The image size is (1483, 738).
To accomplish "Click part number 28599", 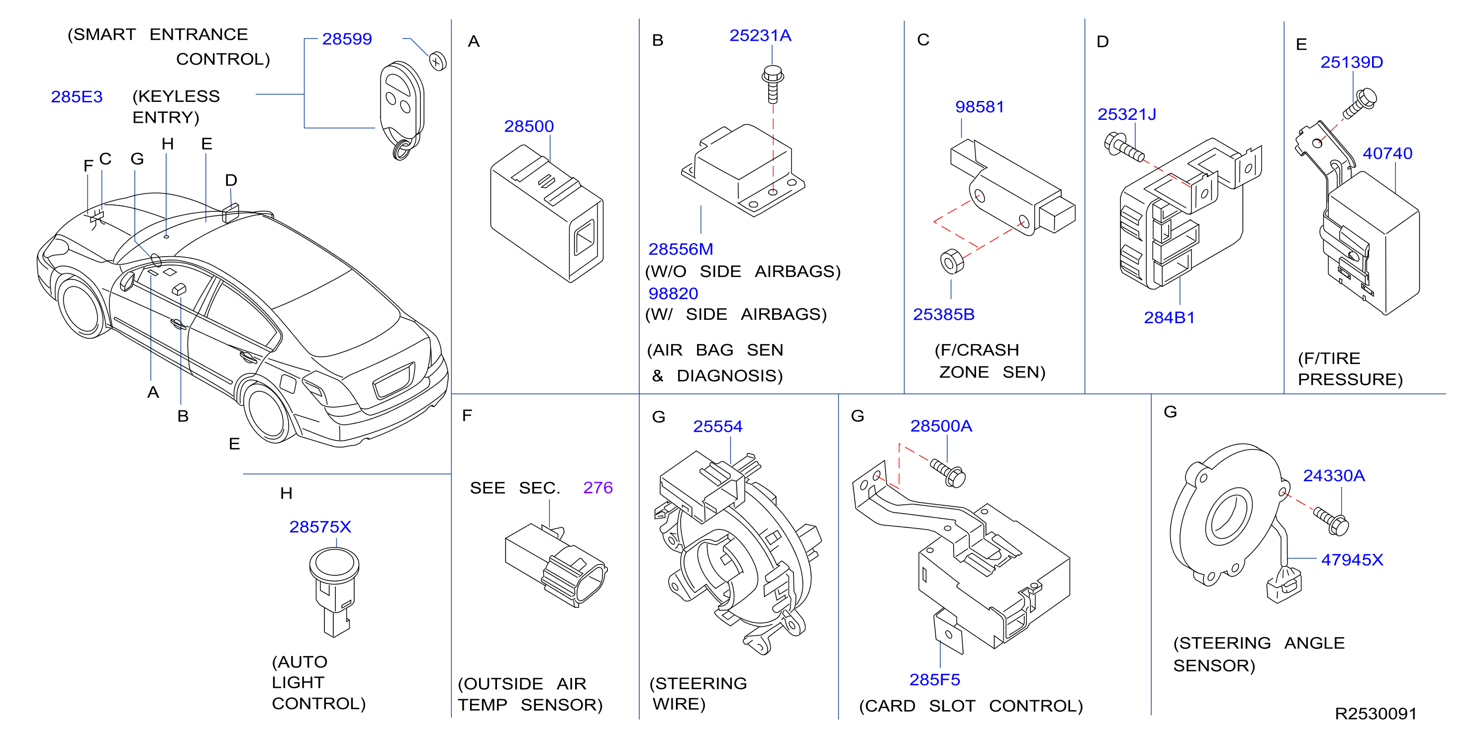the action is (347, 39).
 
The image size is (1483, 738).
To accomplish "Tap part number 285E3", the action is (77, 96).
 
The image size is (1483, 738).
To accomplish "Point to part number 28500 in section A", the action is (528, 126).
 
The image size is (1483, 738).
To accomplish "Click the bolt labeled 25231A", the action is (773, 84).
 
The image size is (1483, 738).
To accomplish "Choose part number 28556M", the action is (681, 249).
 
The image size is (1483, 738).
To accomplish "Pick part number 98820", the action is (673, 293).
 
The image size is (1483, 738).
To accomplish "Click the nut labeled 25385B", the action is (952, 262).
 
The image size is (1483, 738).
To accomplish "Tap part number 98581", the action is (979, 107).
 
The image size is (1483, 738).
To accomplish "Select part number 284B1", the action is (1169, 318).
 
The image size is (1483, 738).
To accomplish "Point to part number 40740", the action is (1387, 154).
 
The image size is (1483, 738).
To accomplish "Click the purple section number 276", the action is (597, 487).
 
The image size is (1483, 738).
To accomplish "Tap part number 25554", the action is (717, 427).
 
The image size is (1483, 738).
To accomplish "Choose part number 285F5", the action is (934, 680).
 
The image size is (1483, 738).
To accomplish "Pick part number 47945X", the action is (1352, 559).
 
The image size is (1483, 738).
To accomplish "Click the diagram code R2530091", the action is (1376, 714).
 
